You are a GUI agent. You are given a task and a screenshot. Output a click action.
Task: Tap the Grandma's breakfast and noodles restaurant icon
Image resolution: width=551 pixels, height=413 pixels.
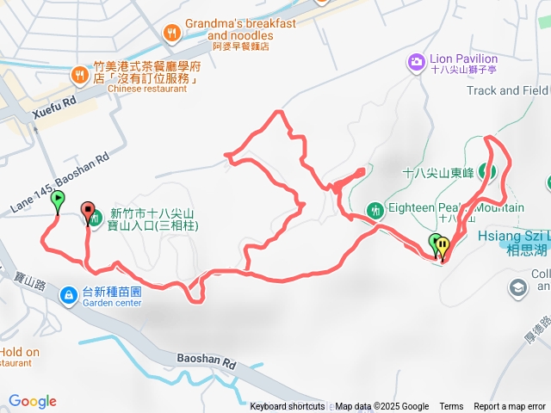pyautogui.click(x=172, y=34)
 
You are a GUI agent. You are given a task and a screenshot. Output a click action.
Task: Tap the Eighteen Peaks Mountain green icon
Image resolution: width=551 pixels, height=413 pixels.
pyautogui.click(x=375, y=209)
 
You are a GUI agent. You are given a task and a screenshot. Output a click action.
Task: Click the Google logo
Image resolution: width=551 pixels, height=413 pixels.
pyautogui.click(x=33, y=401)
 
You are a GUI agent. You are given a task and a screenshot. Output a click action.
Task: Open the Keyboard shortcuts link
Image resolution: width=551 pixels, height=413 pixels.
pyautogui.click(x=288, y=407)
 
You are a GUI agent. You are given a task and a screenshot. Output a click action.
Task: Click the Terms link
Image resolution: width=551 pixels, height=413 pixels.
pyautogui.click(x=451, y=407)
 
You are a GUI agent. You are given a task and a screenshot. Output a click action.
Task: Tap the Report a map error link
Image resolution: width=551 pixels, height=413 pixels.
pyautogui.click(x=509, y=407)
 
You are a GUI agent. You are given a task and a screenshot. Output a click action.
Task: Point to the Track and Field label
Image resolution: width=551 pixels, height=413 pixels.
pyautogui.click(x=509, y=90)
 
